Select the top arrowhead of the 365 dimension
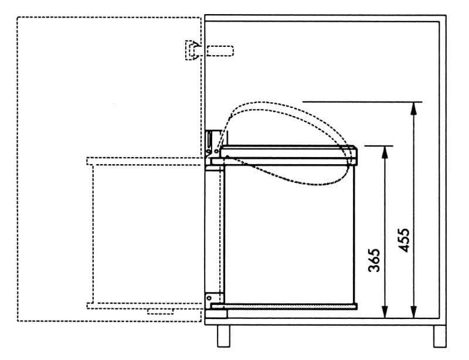tap(385, 151)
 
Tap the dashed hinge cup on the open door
tap(192, 50)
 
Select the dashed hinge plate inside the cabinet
tap(220, 50)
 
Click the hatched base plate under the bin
tap(284, 306)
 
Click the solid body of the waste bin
tap(290, 235)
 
